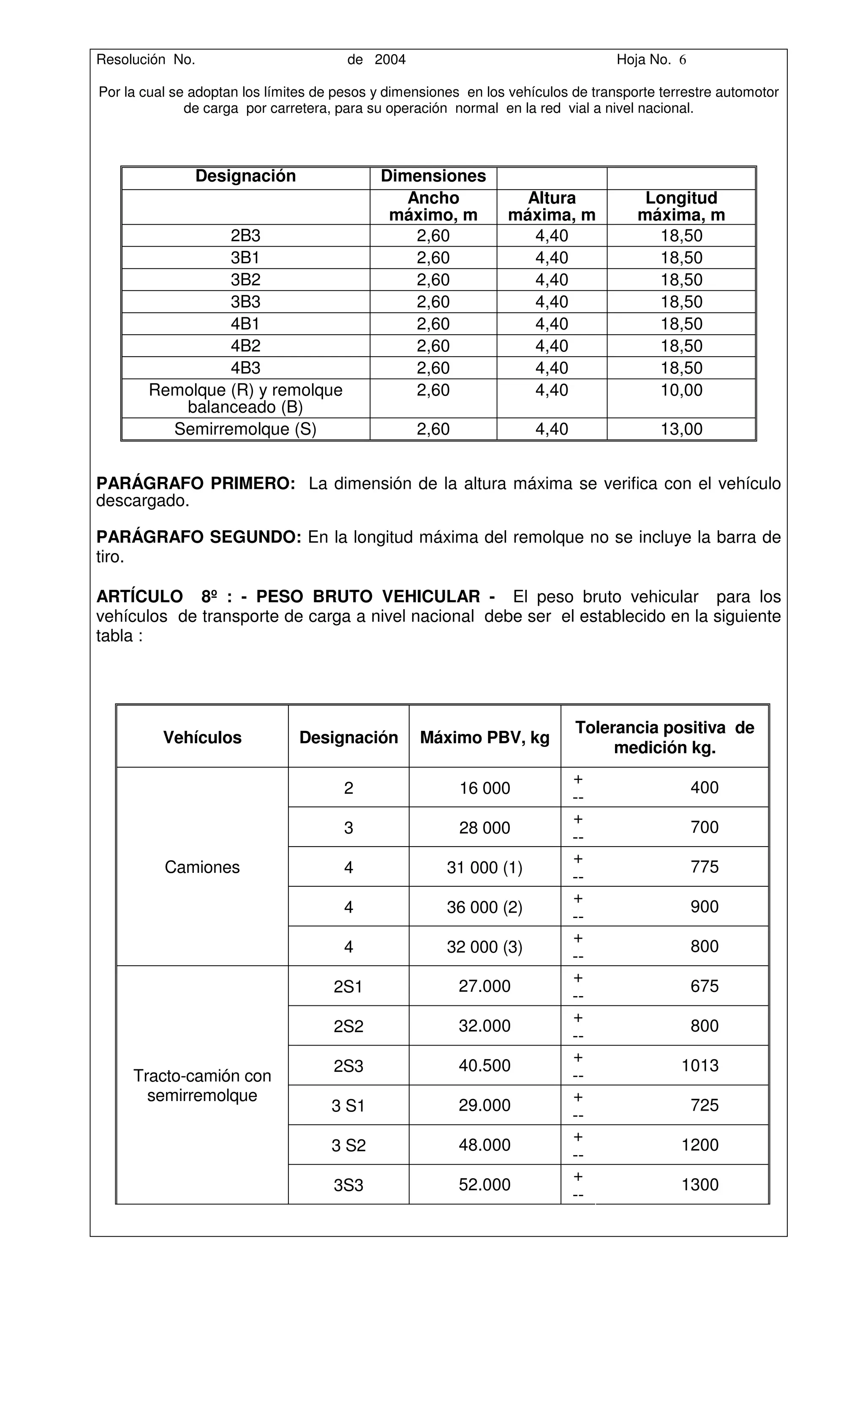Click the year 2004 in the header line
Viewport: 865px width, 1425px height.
(x=390, y=60)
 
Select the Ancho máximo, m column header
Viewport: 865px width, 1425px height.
(x=433, y=207)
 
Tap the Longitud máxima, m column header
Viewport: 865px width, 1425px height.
(x=681, y=207)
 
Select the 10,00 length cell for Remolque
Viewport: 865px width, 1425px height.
(x=681, y=390)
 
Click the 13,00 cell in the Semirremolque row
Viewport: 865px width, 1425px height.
(x=681, y=429)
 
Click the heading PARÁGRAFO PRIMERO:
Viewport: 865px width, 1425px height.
(x=196, y=483)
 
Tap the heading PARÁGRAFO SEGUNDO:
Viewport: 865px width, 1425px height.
(x=199, y=537)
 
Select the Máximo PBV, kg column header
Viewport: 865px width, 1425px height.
(x=484, y=737)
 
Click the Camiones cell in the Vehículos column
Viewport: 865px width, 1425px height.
(x=202, y=867)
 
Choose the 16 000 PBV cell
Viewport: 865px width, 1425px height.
(x=484, y=788)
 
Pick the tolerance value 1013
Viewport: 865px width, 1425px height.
(x=699, y=1065)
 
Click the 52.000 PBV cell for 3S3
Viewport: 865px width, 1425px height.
(x=484, y=1185)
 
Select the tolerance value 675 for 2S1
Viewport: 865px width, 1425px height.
(x=704, y=986)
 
